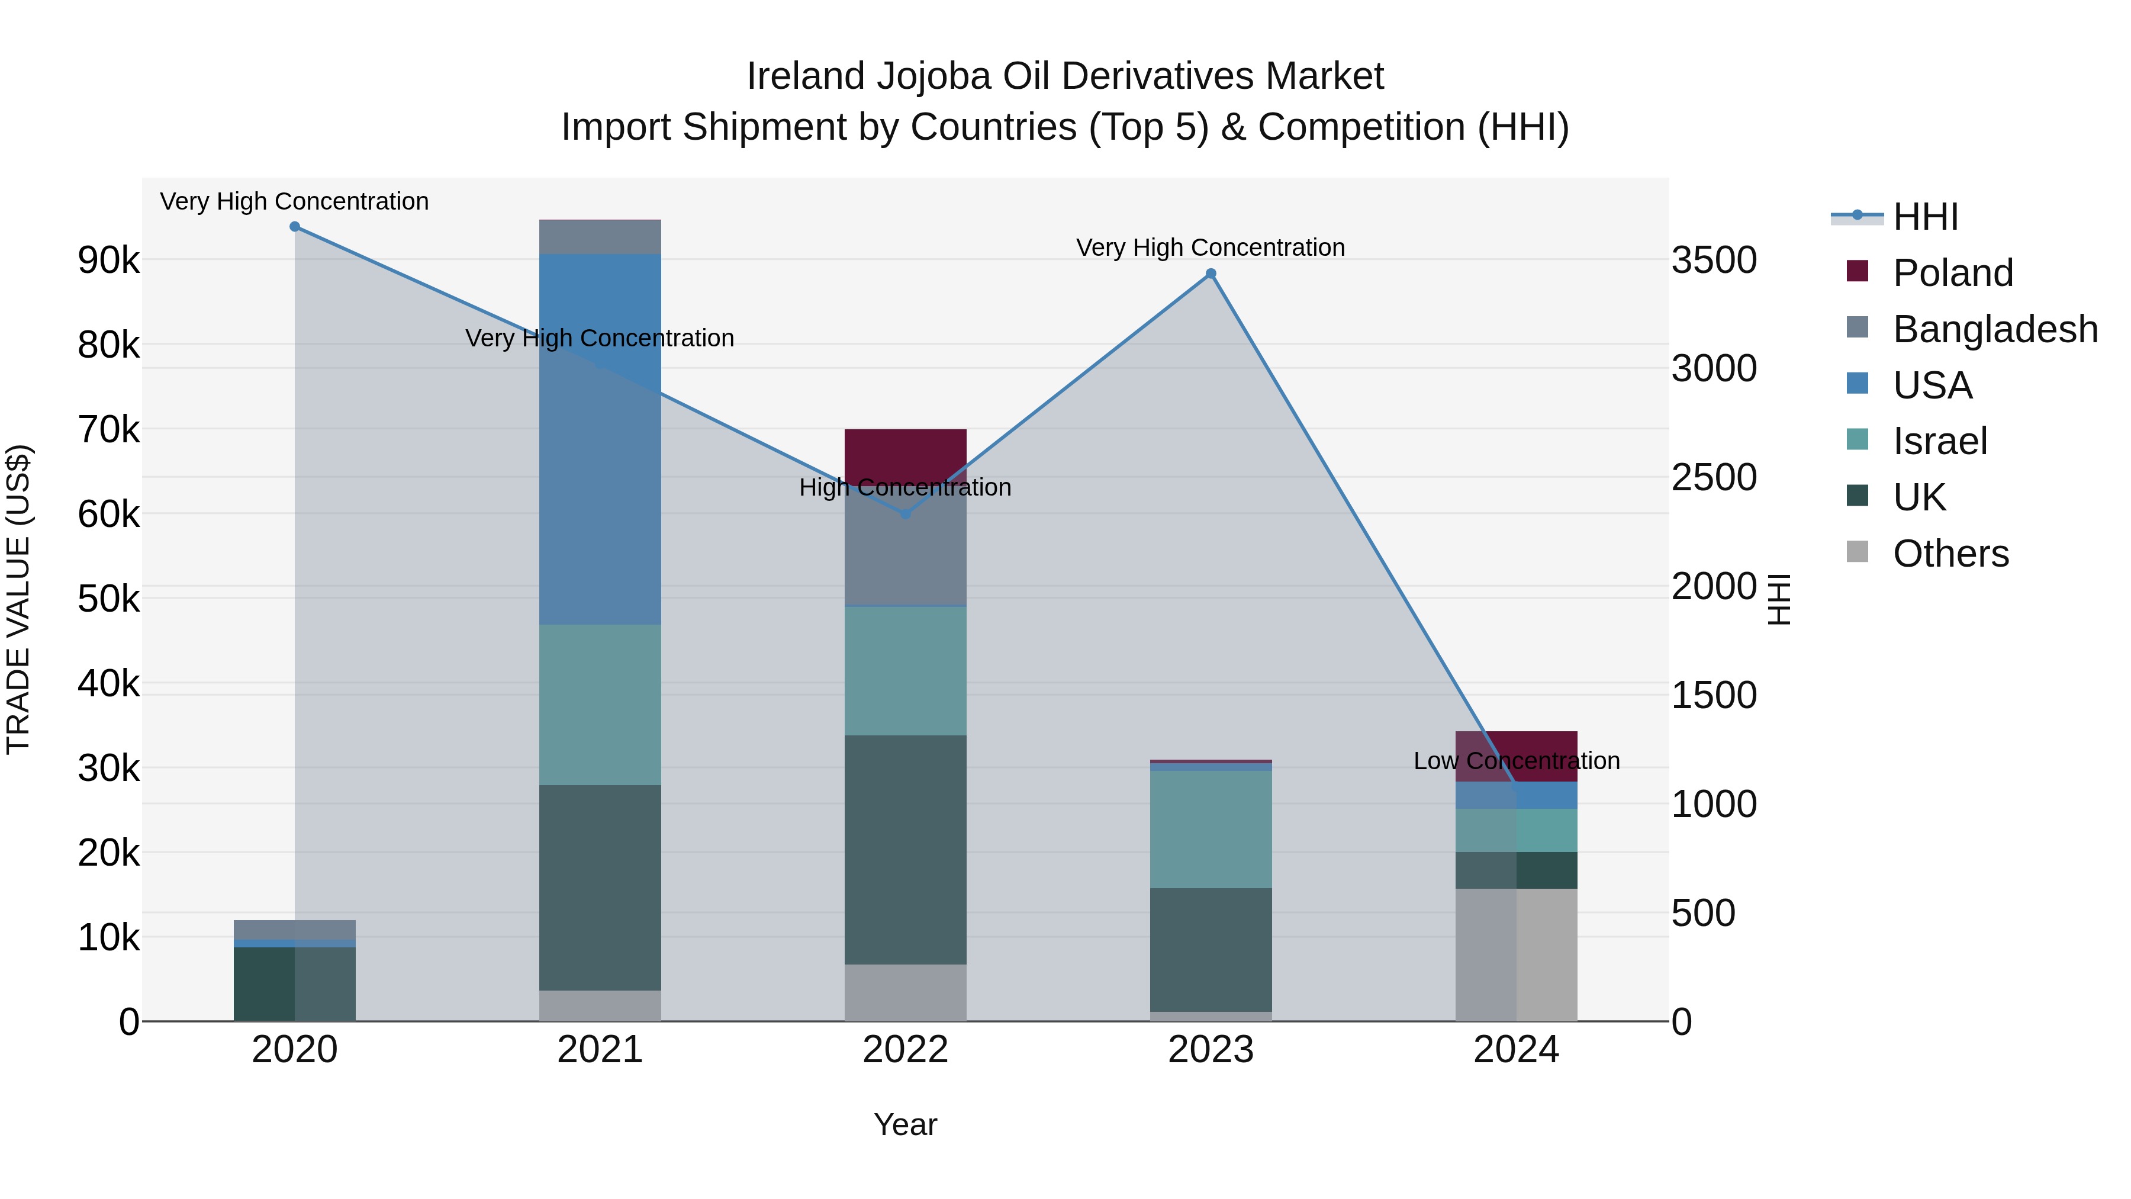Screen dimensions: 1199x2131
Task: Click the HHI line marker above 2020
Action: (x=295, y=227)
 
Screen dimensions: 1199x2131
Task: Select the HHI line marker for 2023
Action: (x=1211, y=274)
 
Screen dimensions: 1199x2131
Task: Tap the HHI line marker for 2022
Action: (x=905, y=514)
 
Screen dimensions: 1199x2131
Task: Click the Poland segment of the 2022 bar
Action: (x=905, y=451)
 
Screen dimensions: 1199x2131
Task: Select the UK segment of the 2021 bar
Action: (x=600, y=887)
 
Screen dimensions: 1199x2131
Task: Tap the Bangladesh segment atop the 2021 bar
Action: (x=600, y=237)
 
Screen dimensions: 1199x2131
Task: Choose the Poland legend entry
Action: (x=1952, y=273)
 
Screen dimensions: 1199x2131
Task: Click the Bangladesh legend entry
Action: (x=1994, y=329)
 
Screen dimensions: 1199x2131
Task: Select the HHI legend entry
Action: (x=1925, y=217)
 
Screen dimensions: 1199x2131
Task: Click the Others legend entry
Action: (x=1950, y=554)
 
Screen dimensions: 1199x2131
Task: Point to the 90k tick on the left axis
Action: (x=108, y=260)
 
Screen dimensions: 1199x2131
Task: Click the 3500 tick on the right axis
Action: (x=1714, y=260)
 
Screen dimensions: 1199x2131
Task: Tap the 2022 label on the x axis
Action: (x=905, y=1050)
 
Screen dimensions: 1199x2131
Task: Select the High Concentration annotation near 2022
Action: (x=905, y=487)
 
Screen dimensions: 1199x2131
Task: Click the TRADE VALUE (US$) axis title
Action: (x=18, y=599)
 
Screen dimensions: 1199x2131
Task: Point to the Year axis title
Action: (x=905, y=1124)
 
